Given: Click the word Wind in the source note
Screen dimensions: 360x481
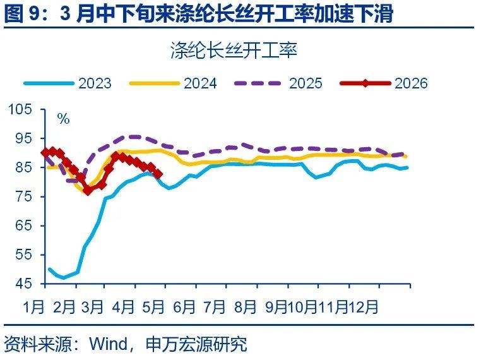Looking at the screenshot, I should coord(107,344).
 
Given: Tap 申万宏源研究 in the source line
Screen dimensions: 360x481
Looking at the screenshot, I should coord(195,344).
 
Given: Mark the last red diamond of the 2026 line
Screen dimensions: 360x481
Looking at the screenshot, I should coord(158,174).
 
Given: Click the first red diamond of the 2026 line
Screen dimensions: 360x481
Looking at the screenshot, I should coord(45,152).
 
